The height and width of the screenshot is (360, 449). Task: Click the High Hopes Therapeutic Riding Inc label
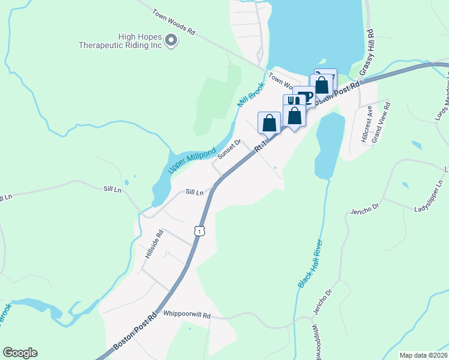[124, 40]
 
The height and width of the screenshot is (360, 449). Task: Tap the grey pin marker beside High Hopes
[171, 41]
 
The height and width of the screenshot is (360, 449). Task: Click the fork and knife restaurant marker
[292, 101]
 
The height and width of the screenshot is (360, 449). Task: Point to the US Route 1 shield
[199, 230]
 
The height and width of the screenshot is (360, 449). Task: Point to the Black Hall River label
[309, 263]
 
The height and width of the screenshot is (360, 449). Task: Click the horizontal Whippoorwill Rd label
[187, 314]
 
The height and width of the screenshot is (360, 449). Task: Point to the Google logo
[20, 353]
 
